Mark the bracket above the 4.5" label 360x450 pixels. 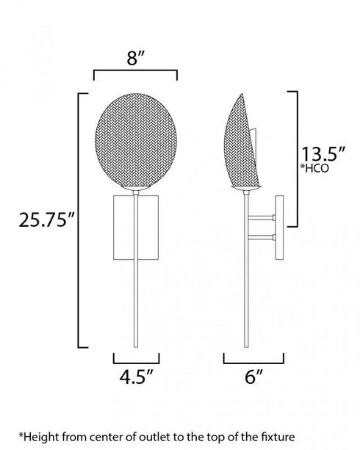[x=135, y=359]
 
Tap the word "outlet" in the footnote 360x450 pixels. [x=145, y=435]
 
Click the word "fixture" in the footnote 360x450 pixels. [x=258, y=435]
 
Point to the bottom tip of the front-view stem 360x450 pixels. [x=135, y=346]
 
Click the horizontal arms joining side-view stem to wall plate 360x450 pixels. [x=260, y=227]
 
